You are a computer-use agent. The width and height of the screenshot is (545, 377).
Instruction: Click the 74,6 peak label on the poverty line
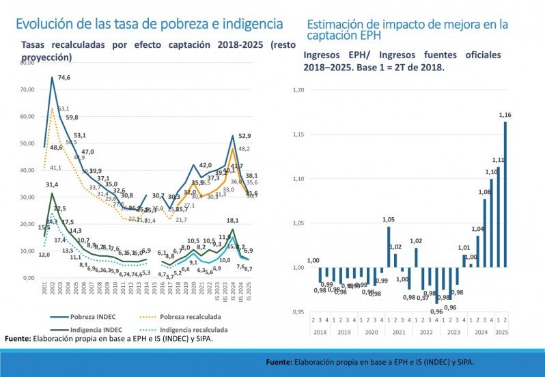tap(64, 78)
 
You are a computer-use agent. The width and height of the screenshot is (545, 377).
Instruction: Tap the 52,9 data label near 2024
tap(244, 136)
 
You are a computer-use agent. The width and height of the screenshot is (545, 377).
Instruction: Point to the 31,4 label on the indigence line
tap(53, 184)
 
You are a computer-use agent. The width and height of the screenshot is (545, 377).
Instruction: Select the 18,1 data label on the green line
tap(232, 221)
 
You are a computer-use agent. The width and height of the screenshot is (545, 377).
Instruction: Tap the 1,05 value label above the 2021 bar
tap(388, 220)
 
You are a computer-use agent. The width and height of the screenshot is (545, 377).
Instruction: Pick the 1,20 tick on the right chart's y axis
tap(298, 89)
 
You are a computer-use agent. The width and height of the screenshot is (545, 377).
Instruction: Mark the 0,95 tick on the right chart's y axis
tap(298, 312)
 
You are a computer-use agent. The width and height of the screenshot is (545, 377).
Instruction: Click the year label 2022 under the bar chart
tap(425, 331)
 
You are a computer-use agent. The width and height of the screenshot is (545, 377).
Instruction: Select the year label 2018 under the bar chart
tap(320, 331)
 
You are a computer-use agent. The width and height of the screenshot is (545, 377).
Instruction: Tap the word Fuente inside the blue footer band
tap(279, 363)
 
